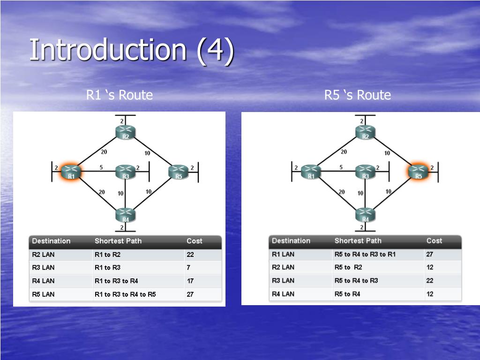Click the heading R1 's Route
tap(119, 95)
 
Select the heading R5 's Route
tap(357, 95)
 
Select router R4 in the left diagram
tap(125, 215)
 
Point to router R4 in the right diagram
tap(365, 215)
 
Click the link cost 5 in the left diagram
tap(101, 167)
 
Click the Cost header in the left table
tap(194, 241)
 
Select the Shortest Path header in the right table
tap(358, 241)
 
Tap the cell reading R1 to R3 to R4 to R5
tap(125, 294)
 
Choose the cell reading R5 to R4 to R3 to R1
tap(365, 255)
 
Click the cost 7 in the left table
tap(188, 268)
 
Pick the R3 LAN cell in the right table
tap(283, 281)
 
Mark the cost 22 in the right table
tap(430, 281)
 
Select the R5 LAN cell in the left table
tap(43, 294)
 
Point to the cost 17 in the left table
tap(190, 281)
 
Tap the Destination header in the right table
tap(291, 241)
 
